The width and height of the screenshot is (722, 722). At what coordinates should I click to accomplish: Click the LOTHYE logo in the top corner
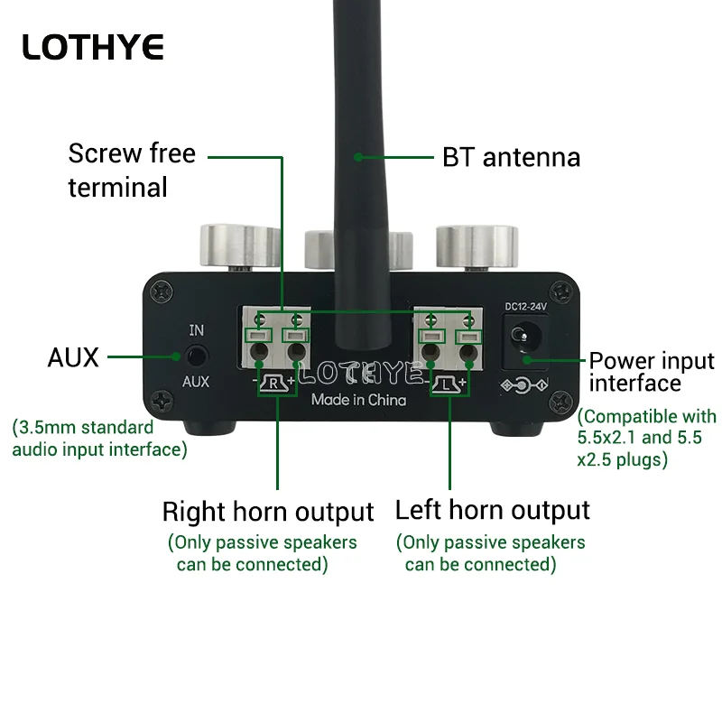93,47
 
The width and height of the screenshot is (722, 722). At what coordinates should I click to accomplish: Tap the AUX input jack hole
197,356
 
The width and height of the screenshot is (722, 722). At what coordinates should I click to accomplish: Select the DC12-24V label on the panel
525,307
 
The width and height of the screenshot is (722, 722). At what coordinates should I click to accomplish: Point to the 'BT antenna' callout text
511,157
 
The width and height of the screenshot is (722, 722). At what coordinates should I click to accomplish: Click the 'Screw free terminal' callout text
132,171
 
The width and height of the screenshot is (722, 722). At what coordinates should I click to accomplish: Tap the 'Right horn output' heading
268,512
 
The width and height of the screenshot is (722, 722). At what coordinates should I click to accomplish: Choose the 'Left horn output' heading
492,510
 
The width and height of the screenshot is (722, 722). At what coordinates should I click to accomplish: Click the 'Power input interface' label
652,372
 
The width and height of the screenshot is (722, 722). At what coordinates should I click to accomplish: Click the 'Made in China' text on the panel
358,400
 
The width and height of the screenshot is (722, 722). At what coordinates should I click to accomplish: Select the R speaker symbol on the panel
274,383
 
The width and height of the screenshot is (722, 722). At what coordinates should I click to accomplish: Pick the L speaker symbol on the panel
446,384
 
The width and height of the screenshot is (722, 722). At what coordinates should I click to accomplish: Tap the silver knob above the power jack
477,247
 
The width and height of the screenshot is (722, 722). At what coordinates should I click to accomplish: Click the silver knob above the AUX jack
240,246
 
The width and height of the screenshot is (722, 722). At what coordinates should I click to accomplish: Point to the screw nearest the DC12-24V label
561,292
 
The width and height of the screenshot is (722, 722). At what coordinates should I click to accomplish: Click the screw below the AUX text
162,401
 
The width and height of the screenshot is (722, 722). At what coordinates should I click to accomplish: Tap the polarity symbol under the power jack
524,385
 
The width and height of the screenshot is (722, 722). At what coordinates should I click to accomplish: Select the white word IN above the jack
197,330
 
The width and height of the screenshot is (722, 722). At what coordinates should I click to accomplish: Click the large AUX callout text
73,357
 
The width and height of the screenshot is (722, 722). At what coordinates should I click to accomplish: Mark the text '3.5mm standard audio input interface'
99,439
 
